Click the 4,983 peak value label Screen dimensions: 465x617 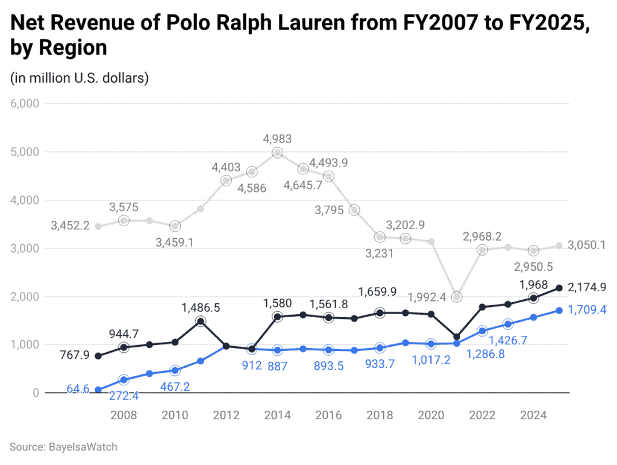(x=277, y=139)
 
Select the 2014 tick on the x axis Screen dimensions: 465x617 (x=277, y=416)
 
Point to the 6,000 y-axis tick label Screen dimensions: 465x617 (x=25, y=104)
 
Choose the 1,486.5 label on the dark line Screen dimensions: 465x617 (x=201, y=308)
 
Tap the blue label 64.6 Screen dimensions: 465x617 (x=78, y=389)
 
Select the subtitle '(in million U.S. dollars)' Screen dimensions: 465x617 (x=80, y=78)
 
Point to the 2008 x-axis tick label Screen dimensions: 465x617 (x=124, y=416)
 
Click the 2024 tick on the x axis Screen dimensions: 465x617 (x=533, y=416)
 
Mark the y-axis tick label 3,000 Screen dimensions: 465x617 (x=25, y=248)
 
